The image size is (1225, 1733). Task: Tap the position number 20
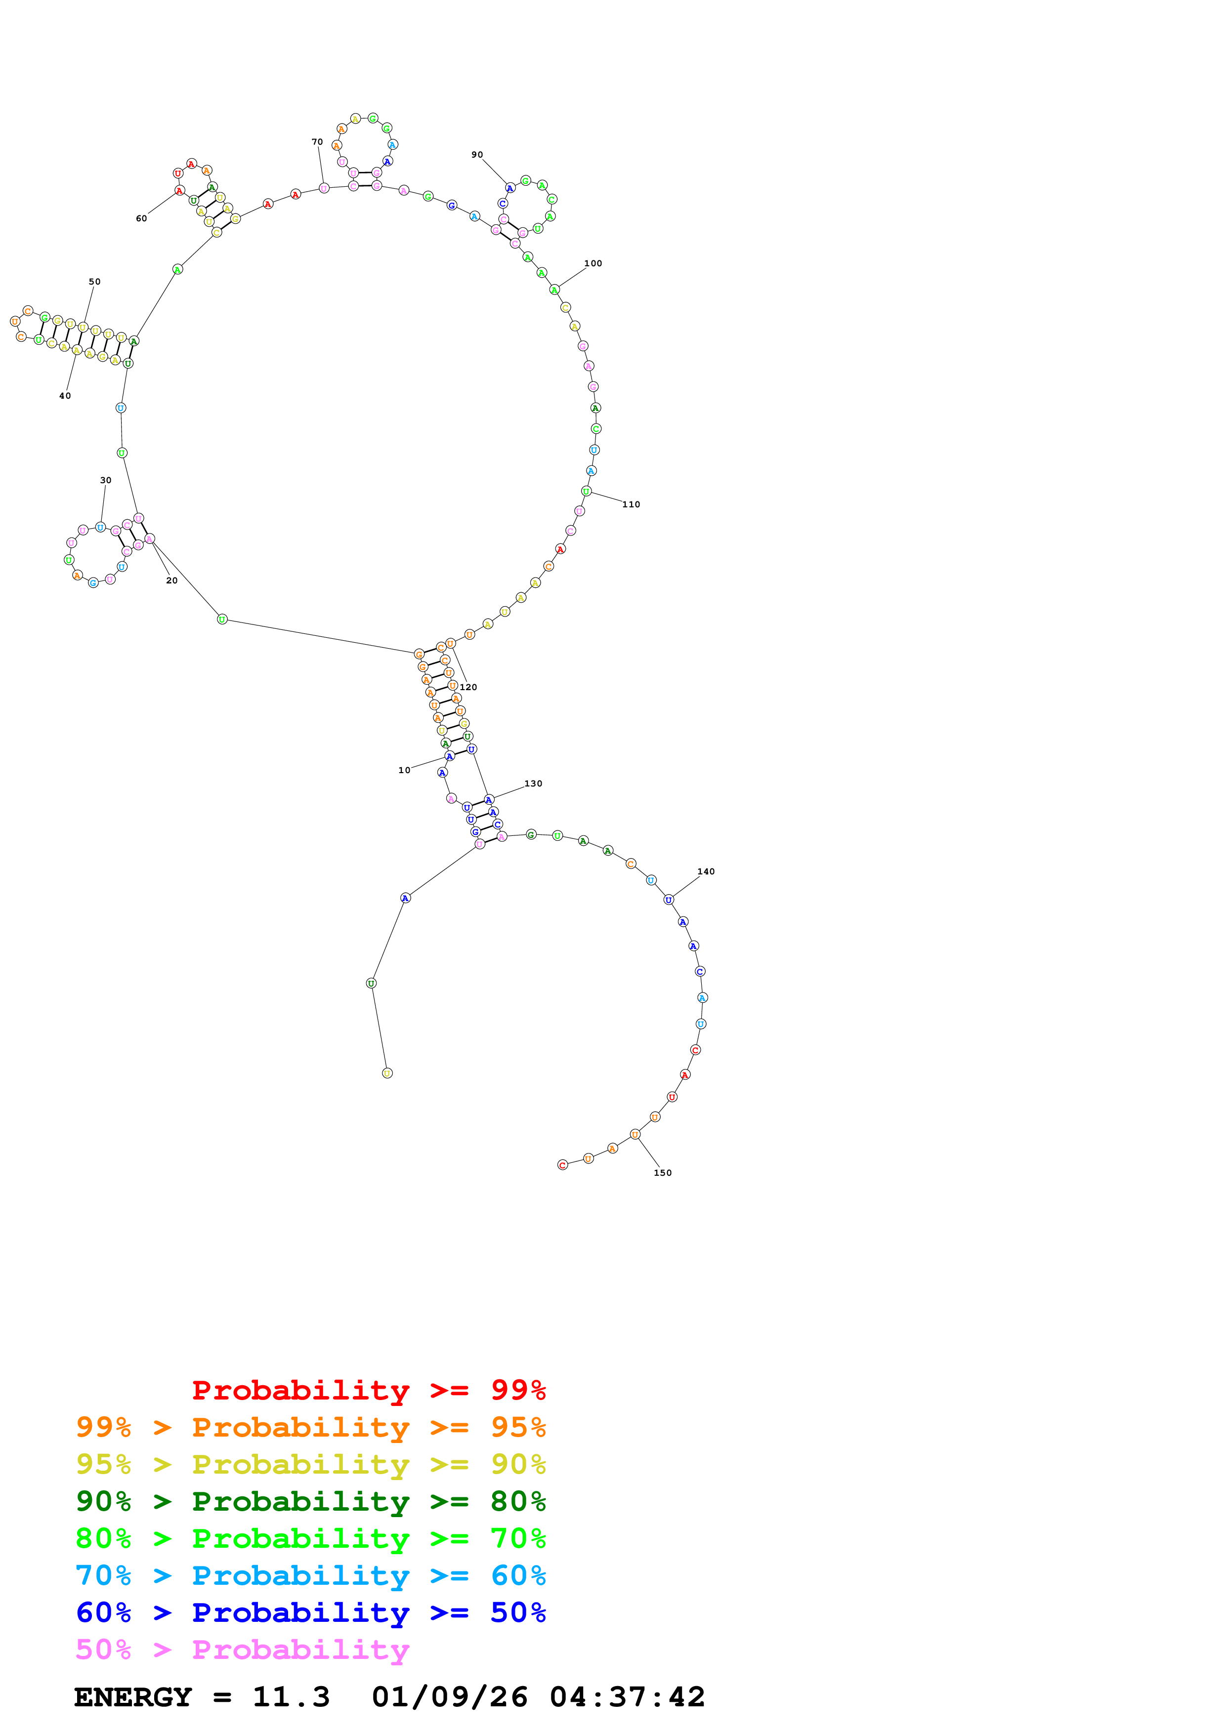tap(171, 580)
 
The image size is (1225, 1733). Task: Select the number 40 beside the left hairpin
tap(65, 396)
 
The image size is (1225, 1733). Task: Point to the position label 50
tap(94, 282)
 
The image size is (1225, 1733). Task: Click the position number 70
tap(317, 142)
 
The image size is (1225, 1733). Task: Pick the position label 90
tap(477, 155)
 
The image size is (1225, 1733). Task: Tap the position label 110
tap(631, 504)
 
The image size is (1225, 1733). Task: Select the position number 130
tap(533, 784)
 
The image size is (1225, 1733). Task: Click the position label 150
tap(662, 1172)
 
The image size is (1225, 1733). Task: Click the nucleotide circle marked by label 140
tap(668, 900)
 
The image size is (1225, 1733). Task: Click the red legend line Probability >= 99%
tap(368, 1390)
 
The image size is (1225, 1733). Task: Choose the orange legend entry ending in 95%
tap(310, 1427)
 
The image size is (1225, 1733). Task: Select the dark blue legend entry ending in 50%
tap(310, 1612)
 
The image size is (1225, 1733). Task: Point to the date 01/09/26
tap(449, 1697)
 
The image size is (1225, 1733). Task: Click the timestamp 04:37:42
tap(627, 1697)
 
